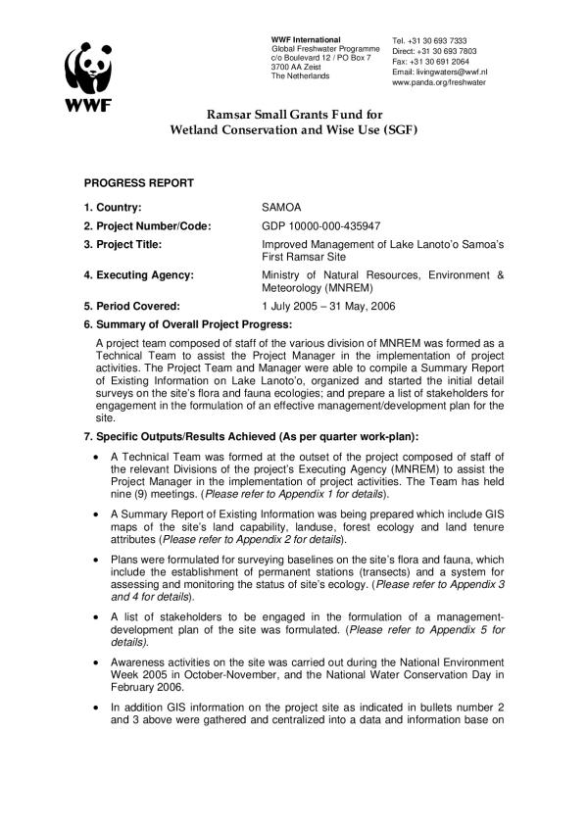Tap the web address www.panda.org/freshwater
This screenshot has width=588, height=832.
(440, 83)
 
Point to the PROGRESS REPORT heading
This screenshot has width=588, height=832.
(138, 183)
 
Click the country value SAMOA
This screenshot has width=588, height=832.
(283, 208)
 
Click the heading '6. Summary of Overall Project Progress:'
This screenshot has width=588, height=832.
(188, 323)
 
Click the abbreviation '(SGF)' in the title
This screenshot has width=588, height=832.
(398, 130)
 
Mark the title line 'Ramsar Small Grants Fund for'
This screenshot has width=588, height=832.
(294, 116)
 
